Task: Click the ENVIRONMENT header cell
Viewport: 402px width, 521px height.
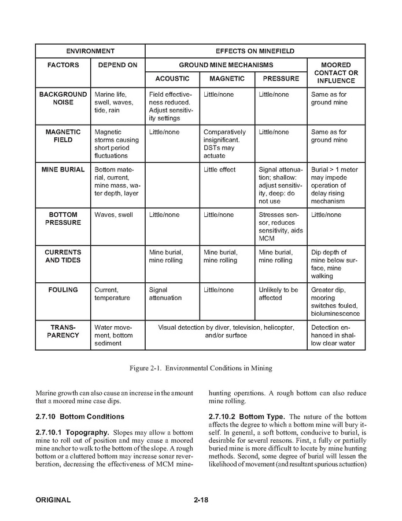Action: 90,51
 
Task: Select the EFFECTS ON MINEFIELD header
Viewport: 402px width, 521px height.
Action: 255,51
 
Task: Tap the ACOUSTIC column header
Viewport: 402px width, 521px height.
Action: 172,79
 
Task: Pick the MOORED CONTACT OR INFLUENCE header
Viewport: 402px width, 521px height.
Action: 336,73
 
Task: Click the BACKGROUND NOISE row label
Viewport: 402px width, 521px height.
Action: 62,98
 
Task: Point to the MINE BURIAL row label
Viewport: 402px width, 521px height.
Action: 62,170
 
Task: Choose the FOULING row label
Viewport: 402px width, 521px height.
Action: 62,290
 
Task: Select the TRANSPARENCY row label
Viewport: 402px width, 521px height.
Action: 62,331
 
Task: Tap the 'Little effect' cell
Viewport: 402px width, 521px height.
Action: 219,170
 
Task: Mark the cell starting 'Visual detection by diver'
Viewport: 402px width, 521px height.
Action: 226,331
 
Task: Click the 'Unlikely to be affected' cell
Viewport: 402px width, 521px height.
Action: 278,294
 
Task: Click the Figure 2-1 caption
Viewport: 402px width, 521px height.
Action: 200,368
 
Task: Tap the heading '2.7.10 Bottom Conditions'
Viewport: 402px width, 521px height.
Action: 80,417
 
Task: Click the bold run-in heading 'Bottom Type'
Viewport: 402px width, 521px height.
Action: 261,417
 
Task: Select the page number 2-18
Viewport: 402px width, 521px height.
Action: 201,500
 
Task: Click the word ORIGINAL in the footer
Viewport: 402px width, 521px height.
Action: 53,500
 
